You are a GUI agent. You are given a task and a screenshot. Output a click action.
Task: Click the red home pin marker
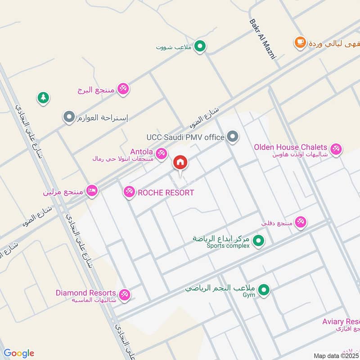180,163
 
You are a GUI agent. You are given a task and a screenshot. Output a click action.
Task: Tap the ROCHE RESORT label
166,193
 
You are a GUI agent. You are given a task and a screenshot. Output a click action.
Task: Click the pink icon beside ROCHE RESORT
130,193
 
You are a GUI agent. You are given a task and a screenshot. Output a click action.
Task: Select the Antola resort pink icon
162,153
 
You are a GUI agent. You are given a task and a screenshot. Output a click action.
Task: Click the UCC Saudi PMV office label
185,137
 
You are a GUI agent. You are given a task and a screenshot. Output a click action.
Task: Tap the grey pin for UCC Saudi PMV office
232,136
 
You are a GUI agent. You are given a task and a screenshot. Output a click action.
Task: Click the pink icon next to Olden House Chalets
335,149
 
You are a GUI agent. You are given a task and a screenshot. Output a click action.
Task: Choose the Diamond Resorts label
85,293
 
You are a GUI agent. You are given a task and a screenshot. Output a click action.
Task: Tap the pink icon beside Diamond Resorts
125,295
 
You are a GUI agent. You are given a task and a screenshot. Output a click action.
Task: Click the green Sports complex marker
258,241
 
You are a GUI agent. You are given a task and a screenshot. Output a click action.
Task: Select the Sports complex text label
228,246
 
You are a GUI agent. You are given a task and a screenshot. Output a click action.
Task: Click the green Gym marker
265,290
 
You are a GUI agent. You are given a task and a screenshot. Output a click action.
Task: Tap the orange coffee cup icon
300,43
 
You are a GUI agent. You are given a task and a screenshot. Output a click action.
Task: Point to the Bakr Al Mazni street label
262,39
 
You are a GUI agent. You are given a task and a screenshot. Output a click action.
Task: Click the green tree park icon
43,97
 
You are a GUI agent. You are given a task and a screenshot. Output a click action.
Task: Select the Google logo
19,353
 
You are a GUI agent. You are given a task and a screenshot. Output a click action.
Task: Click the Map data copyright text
336,355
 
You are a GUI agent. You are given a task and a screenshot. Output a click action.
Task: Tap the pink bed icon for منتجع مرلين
92,191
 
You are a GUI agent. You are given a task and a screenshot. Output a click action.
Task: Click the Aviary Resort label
341,322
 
